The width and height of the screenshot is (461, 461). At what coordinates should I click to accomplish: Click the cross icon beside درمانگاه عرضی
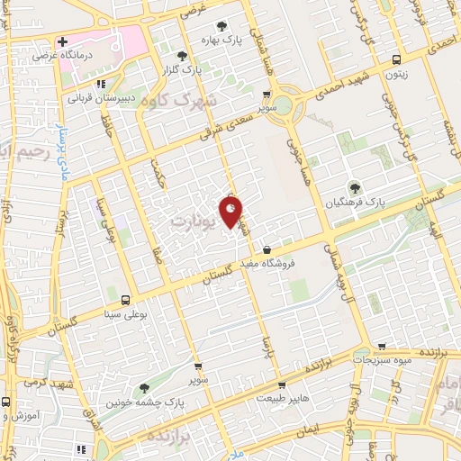pyautogui.click(x=62, y=41)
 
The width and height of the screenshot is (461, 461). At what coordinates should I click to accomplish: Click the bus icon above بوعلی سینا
pyautogui.click(x=123, y=300)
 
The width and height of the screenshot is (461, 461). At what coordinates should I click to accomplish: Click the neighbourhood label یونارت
pyautogui.click(x=194, y=220)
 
